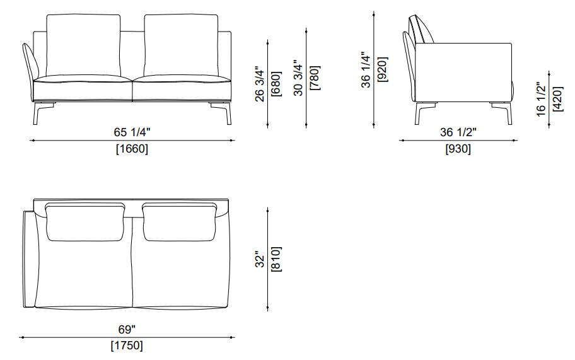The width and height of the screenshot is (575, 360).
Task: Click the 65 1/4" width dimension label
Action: [132, 132]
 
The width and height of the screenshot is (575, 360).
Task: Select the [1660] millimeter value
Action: [132, 149]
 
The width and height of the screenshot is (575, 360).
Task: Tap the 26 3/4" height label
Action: [259, 84]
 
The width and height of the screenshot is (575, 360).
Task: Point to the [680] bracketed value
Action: [276, 84]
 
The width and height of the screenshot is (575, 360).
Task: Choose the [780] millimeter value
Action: [315, 78]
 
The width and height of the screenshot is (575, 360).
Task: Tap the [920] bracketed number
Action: [382, 69]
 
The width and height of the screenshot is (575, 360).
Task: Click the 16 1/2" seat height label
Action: [541, 100]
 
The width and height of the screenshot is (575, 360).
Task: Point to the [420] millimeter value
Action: [557, 100]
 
